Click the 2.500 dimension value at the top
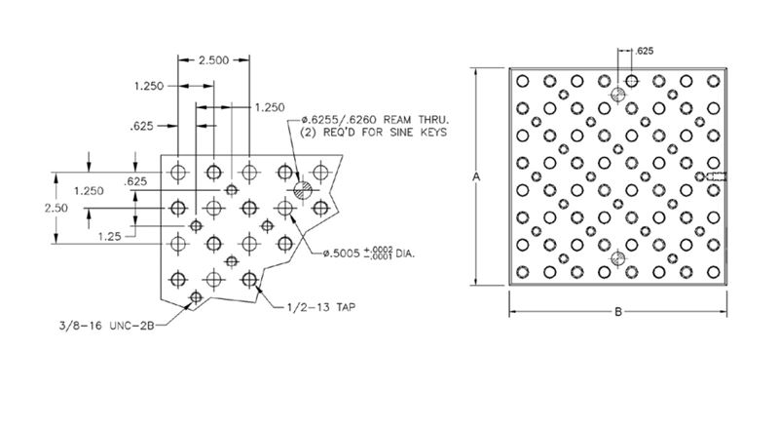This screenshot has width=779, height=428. click(213, 60)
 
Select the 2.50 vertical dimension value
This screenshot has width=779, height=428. click(56, 208)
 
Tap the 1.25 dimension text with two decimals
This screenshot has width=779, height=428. click(109, 236)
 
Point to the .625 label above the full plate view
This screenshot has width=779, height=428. click(645, 51)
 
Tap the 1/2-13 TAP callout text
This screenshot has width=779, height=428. click(321, 307)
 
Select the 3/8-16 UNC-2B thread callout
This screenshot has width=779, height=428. click(107, 326)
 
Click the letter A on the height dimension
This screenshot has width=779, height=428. click(476, 176)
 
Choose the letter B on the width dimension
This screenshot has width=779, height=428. click(618, 312)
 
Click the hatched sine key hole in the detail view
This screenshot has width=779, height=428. click(302, 189)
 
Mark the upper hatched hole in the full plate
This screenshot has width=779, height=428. click(617, 94)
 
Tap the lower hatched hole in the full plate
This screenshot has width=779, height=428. click(617, 258)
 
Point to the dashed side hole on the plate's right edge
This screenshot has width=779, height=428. click(716, 176)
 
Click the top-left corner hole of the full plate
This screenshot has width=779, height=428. click(522, 81)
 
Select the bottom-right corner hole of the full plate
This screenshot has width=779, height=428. click(714, 272)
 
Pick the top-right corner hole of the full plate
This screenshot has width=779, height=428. click(714, 81)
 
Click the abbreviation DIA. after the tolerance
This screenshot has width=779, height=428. click(405, 253)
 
